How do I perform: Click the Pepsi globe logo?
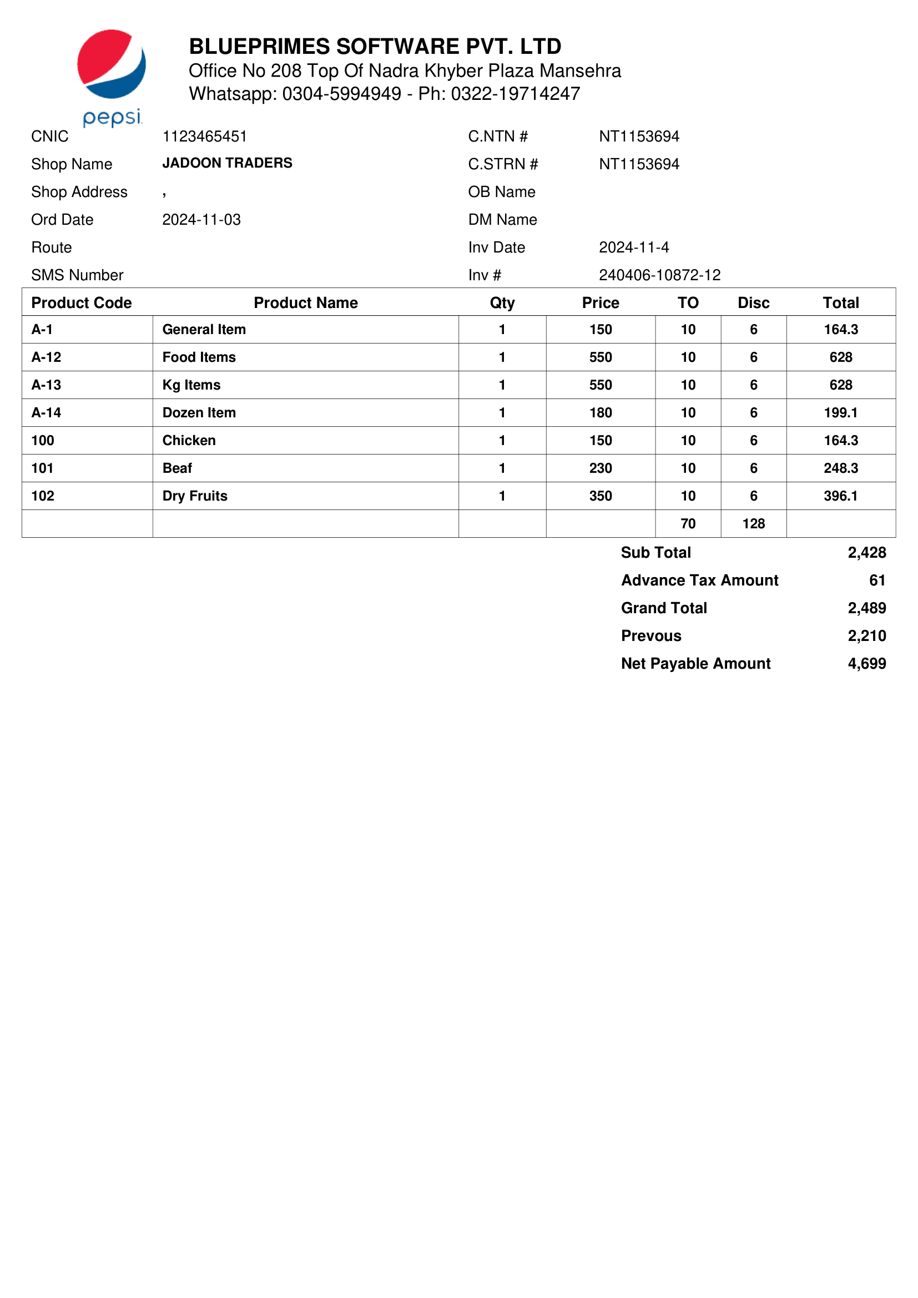tap(112, 64)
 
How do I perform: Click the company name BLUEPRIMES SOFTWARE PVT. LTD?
tap(375, 47)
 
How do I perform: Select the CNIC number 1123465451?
tap(205, 137)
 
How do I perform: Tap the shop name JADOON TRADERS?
tap(227, 163)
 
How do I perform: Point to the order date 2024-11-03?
tap(201, 219)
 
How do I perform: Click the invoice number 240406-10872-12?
tap(660, 275)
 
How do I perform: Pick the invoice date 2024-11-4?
tap(634, 247)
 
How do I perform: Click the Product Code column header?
tap(82, 303)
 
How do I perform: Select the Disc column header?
tap(754, 303)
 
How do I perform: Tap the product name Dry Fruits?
tap(195, 496)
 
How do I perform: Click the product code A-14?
tap(47, 413)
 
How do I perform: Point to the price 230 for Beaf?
tap(601, 468)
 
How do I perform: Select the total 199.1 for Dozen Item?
tap(840, 413)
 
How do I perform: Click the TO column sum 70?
tap(688, 523)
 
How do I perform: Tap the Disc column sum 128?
tap(754, 523)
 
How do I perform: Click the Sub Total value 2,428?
tap(866, 552)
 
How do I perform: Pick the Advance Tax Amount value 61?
tap(877, 580)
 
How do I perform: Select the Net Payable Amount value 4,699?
tap(866, 664)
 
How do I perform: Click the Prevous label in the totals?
tap(651, 636)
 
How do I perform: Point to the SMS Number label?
tap(78, 275)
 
